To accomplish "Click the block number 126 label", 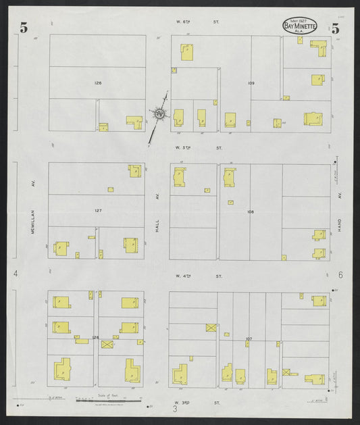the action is pos(98,82).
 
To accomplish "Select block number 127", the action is pos(98,211).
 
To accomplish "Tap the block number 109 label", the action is pos(251,83).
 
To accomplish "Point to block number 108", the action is pos(250,211).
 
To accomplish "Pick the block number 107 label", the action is pos(249,338).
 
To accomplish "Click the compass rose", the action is pos(159,114).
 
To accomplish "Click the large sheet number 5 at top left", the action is pos(24,28).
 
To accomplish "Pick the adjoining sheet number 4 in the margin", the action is pos(15,274).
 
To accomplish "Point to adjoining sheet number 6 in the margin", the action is pos(341,275).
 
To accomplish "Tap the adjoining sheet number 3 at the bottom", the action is pos(174,408).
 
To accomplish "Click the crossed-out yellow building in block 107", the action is pos(211,328).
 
